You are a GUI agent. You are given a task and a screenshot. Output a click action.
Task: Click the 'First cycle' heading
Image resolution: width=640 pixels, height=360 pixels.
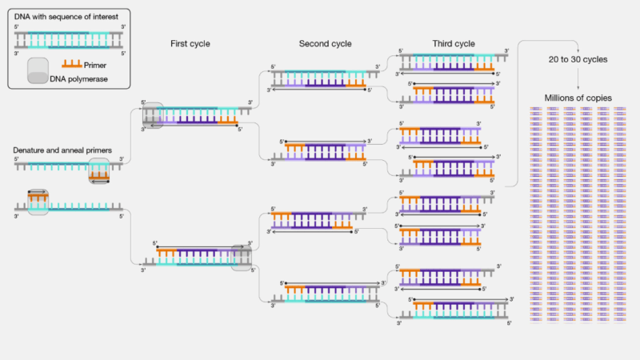(190, 43)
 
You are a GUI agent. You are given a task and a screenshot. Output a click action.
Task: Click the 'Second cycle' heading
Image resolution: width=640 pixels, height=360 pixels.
(325, 43)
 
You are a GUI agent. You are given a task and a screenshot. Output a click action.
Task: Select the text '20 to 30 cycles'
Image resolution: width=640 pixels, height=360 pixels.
(578, 59)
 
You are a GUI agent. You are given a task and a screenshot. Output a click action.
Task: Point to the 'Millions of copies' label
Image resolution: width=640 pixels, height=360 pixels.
(577, 98)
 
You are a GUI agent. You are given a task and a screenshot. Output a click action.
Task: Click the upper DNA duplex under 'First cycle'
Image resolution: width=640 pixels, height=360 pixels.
(197, 114)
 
